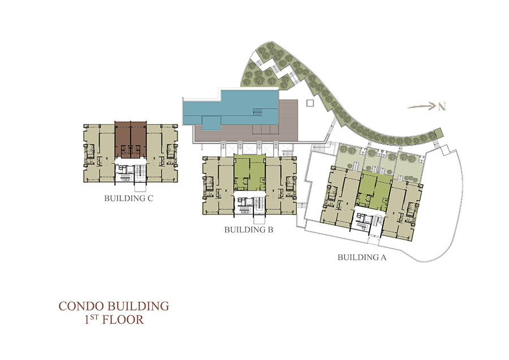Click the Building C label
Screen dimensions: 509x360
(x=128, y=198)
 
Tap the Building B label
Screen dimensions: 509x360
(x=249, y=230)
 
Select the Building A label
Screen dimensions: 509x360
(x=362, y=258)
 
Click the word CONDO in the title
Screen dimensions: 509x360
(x=81, y=306)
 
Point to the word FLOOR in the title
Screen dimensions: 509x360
(x=123, y=320)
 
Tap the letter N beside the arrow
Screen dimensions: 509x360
(x=442, y=106)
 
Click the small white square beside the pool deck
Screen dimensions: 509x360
(x=310, y=103)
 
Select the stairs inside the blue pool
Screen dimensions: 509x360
(x=257, y=112)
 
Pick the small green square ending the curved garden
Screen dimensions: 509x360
(x=438, y=133)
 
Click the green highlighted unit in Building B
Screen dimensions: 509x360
(x=249, y=173)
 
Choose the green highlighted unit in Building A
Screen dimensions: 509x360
(x=373, y=190)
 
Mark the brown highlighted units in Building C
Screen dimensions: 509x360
(x=131, y=140)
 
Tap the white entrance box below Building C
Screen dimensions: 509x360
(x=140, y=187)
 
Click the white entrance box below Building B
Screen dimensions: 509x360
(x=259, y=219)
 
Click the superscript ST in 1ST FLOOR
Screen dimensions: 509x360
(x=94, y=316)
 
